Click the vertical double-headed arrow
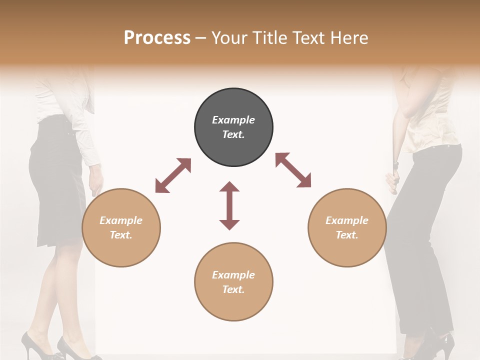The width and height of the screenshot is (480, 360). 229,205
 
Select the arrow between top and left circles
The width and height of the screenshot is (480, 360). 173,175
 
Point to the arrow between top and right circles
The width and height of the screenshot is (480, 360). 293,170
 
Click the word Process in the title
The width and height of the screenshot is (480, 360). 157,37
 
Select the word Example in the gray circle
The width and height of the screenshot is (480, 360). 233,120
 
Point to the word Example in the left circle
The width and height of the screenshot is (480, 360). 121,220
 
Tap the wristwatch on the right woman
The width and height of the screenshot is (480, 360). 395,164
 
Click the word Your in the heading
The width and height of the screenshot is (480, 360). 227,37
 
